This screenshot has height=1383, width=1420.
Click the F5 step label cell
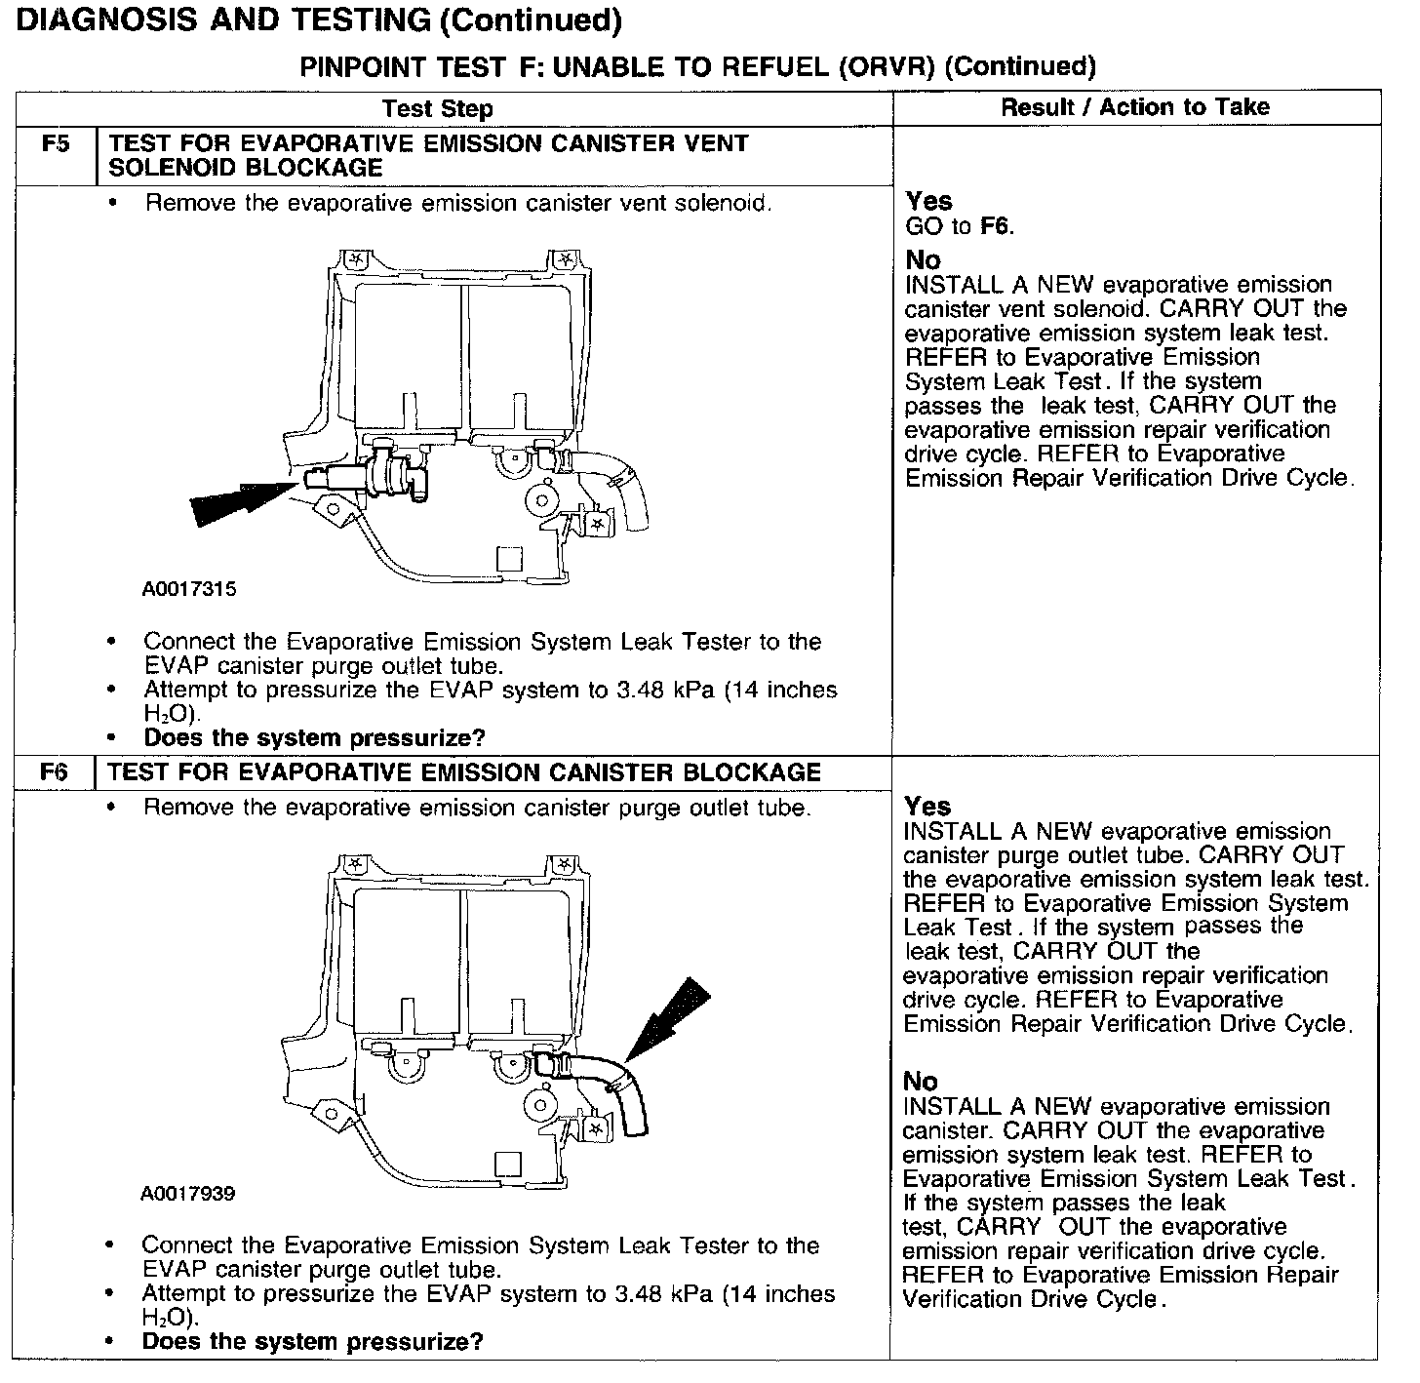(x=57, y=144)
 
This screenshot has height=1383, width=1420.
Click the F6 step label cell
(x=55, y=772)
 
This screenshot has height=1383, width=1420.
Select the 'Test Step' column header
(x=437, y=108)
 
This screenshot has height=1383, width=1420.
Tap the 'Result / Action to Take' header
(x=1135, y=107)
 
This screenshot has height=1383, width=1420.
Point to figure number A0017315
(x=189, y=589)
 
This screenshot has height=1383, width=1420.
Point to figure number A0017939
(x=188, y=1194)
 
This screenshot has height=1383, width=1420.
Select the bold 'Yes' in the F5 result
(x=928, y=202)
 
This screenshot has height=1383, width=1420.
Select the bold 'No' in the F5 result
(x=924, y=260)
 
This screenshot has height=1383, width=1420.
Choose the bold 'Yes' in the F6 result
(x=927, y=807)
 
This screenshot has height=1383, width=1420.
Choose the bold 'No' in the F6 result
(x=921, y=1082)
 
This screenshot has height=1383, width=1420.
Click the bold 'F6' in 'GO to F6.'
(x=996, y=227)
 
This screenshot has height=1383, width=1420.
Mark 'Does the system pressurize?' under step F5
(x=314, y=738)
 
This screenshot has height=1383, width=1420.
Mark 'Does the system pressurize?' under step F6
(x=312, y=1341)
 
